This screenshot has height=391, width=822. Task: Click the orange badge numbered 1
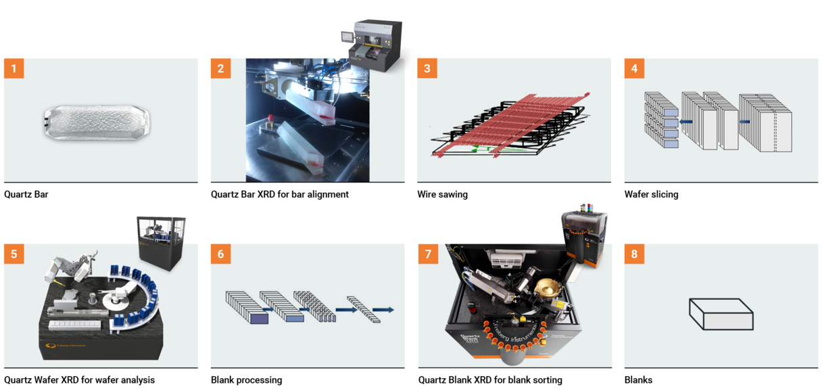(x=14, y=68)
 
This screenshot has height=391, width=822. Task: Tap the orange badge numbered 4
(x=634, y=68)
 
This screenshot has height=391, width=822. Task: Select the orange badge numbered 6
(x=220, y=254)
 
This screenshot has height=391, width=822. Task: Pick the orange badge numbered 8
(x=634, y=254)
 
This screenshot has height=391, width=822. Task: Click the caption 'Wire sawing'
(x=442, y=194)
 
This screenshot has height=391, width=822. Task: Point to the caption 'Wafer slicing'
(x=652, y=194)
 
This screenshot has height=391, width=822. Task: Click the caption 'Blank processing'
(x=246, y=379)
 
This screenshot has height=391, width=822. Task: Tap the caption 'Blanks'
(x=638, y=379)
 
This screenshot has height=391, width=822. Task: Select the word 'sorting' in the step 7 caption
(x=547, y=380)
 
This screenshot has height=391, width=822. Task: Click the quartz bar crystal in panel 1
(x=97, y=122)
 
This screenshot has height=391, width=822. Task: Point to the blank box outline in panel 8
(x=721, y=314)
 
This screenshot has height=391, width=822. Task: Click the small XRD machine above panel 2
(x=372, y=45)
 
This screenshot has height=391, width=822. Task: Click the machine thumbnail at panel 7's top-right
(x=584, y=235)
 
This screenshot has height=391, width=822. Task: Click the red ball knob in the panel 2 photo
(x=271, y=118)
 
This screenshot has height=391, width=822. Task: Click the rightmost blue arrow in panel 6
(x=383, y=310)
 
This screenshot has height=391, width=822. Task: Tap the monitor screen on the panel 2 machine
(x=346, y=37)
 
